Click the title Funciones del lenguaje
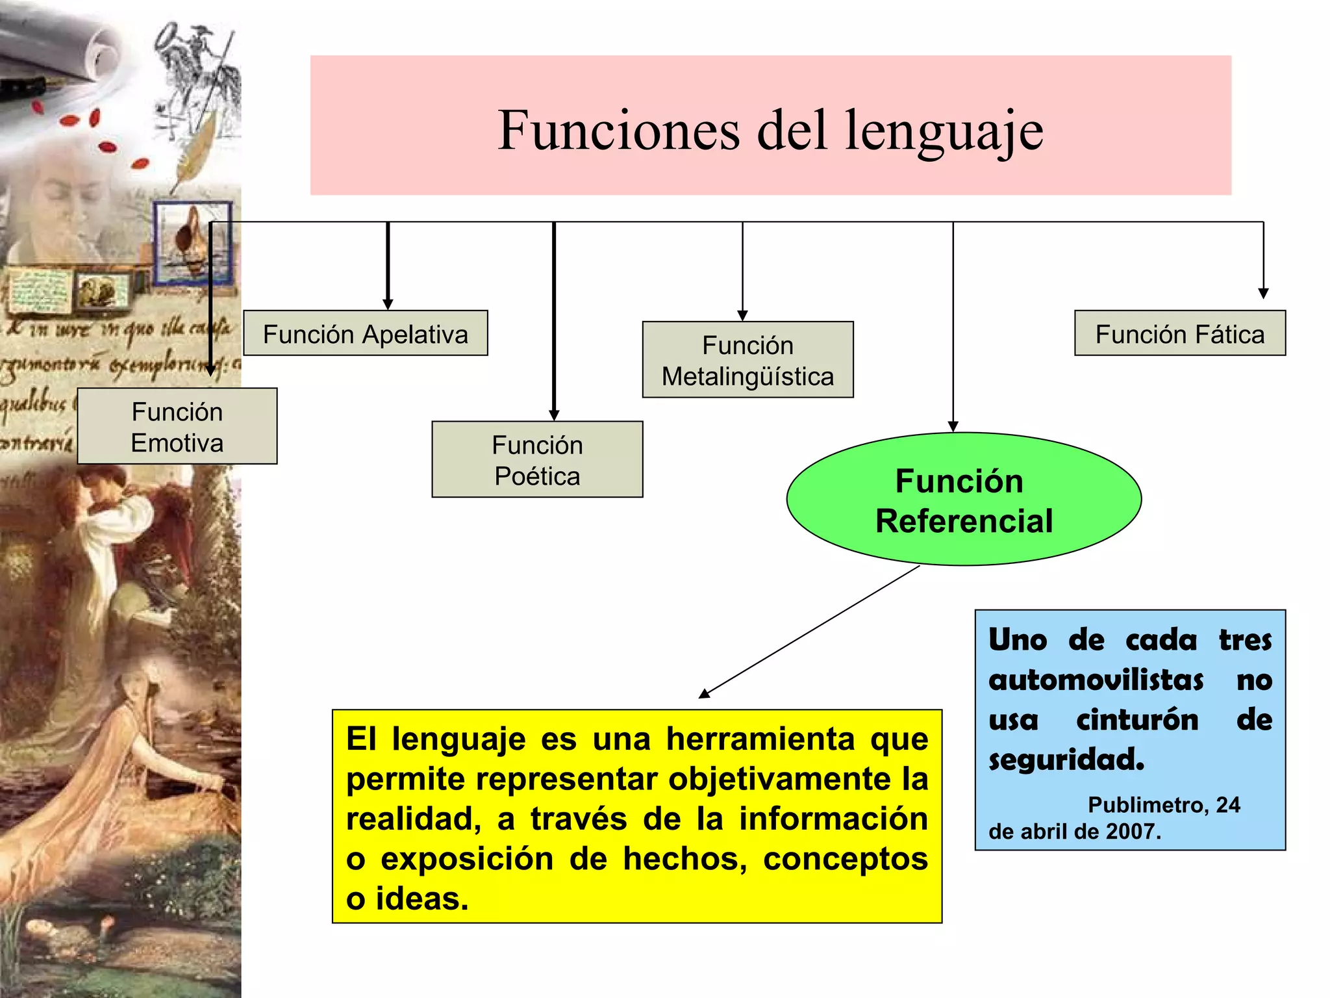coord(770,130)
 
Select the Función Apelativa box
coord(365,334)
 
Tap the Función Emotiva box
coord(177,427)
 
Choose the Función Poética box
coord(537,460)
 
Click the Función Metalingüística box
coord(747,360)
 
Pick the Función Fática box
coord(1179,334)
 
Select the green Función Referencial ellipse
coord(964,500)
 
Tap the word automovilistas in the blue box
coord(1096,680)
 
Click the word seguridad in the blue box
coord(1066,759)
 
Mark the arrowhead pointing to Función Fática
coord(1263,294)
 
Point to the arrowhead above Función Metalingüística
coord(742,316)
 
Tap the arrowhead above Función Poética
coord(554,415)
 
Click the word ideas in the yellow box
coord(421,899)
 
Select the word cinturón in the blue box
coord(1137,720)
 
